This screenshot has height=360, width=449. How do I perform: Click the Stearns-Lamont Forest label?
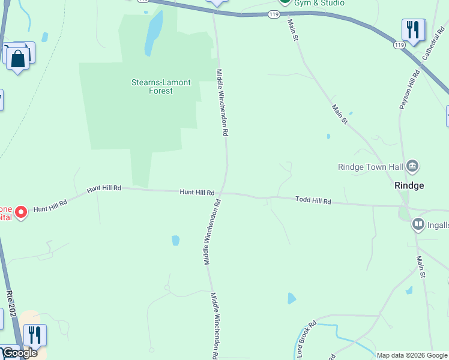152,86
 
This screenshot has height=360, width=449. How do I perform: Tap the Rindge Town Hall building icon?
412,166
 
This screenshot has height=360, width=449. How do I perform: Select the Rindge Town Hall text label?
370,167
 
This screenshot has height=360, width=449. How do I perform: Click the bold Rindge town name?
409,185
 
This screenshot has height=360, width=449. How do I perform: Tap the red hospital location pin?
21,212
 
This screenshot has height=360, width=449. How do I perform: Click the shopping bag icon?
18,59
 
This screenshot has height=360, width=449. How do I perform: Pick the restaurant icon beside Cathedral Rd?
412,29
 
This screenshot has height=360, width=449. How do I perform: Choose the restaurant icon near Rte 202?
35,335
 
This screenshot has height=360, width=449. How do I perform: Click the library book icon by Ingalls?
418,224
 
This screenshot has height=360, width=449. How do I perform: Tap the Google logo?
19,353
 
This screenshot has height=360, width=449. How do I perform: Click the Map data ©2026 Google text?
411,355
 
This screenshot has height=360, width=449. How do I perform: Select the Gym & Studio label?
319,3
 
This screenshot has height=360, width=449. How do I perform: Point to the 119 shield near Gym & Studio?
275,13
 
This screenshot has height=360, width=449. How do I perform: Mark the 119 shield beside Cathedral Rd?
399,45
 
